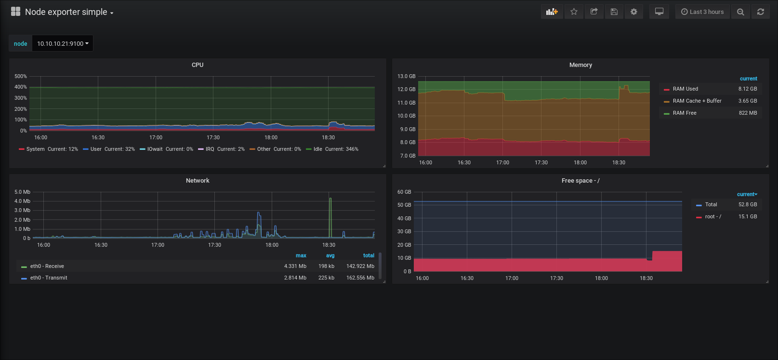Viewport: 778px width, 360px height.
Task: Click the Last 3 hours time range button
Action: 702,12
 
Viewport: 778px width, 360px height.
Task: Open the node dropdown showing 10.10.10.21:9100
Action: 63,43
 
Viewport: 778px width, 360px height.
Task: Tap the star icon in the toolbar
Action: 574,12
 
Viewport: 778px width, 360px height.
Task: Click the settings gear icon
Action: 634,12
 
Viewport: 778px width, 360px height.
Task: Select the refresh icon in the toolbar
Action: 760,12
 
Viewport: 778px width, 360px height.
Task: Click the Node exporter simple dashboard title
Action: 66,12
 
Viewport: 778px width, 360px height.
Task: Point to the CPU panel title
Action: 198,65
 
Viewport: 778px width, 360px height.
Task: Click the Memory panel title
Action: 580,65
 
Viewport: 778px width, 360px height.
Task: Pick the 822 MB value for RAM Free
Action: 748,113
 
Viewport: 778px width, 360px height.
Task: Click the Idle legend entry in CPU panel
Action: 332,149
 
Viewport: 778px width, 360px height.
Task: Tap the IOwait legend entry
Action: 166,149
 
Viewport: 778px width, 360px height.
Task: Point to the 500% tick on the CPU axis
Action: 21,76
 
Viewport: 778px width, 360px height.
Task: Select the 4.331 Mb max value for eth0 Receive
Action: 295,266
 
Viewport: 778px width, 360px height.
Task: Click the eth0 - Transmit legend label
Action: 49,278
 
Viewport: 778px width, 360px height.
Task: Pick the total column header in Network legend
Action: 369,255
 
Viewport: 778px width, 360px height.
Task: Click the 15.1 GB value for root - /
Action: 748,216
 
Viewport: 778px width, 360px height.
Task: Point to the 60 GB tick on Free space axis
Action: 404,192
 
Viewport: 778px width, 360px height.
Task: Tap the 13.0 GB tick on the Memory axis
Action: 407,76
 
